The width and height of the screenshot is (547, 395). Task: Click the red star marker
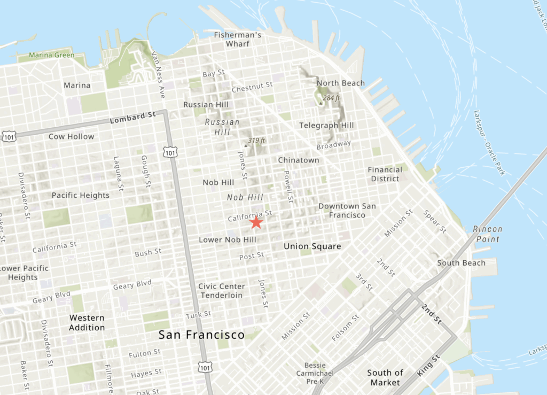point(256,222)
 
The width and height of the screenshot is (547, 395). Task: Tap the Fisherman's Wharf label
point(238,39)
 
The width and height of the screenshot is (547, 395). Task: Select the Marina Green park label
point(52,55)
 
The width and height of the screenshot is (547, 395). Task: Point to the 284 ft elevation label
point(331,98)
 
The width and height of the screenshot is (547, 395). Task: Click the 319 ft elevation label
point(256,141)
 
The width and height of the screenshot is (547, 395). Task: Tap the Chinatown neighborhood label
point(299,160)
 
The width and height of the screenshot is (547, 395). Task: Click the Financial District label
point(385,174)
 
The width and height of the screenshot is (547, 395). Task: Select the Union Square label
point(312,246)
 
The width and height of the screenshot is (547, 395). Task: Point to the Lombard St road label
point(132,118)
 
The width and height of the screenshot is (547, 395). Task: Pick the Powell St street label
point(288,187)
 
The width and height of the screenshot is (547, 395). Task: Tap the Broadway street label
point(334,145)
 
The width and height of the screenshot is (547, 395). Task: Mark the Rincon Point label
point(488,234)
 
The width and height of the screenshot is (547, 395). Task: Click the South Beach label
point(462,263)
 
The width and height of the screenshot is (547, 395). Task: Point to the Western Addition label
point(87,322)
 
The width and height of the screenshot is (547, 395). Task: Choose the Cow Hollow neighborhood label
point(71,136)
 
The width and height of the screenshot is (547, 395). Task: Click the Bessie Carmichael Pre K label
point(315,373)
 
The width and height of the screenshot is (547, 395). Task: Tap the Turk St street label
point(198,314)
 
